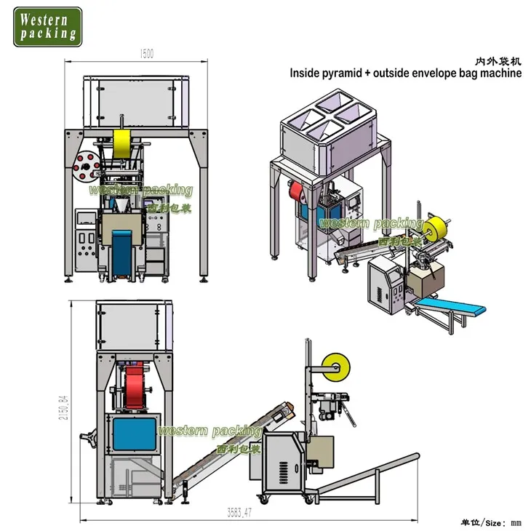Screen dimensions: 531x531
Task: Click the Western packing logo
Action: [48, 26]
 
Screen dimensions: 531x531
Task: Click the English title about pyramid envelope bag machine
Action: [405, 73]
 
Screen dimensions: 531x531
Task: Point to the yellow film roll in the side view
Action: [338, 367]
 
